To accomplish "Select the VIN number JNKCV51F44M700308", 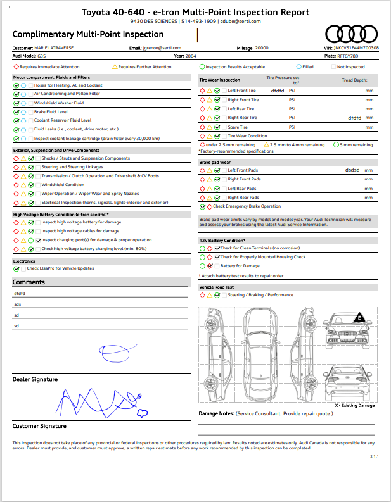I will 360,47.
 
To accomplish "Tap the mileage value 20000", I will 263,47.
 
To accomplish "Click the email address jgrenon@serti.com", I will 162,47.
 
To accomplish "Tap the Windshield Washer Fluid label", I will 59,103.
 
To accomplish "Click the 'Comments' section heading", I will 29,282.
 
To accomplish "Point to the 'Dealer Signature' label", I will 35,379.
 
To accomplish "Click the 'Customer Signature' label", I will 39,426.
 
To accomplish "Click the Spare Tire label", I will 238,127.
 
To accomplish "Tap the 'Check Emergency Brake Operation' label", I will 247,206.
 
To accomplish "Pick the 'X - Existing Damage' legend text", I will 354,405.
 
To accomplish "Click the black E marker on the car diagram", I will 360,317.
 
